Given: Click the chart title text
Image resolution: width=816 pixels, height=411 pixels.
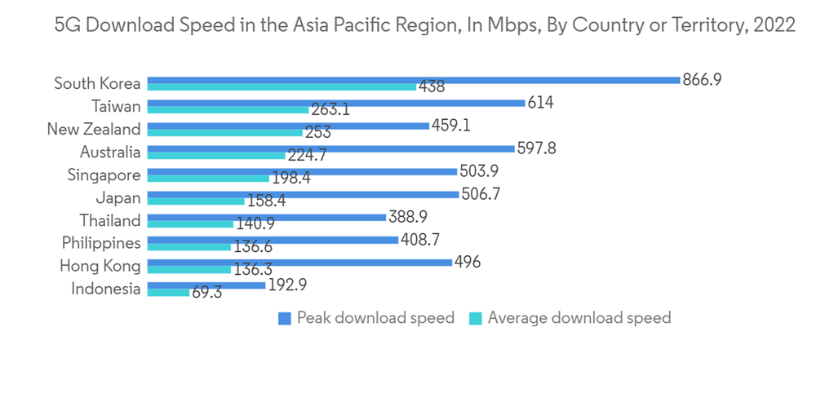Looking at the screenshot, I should coord(424,25).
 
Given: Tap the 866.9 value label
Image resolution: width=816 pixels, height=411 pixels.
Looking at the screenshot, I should coord(703,80).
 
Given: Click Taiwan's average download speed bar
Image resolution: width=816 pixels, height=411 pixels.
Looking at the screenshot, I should coord(228,109).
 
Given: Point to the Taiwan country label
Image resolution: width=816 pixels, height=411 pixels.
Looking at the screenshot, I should coord(116,106).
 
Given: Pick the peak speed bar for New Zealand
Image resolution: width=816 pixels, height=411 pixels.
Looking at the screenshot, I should coord(288,126).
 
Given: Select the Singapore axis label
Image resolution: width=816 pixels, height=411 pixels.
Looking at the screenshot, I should coord(104,175).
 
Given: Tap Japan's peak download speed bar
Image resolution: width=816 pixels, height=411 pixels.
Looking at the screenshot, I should coord(303,194).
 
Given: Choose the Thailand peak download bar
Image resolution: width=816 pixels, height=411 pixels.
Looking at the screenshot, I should coord(266,217).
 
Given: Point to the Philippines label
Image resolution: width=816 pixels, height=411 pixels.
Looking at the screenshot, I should coord(101,243).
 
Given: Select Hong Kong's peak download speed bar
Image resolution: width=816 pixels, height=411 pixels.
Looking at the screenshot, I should coord(299,263).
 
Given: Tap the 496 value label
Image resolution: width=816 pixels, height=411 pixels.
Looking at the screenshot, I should coord(467,263).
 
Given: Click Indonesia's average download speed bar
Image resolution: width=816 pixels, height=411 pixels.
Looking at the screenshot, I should coord(168,292).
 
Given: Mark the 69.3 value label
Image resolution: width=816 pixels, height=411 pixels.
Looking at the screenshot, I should coord(207,292).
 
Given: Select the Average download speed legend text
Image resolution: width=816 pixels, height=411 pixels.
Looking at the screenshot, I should coord(579,318).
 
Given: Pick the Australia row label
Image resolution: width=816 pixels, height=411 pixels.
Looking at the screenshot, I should coord(110,152).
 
